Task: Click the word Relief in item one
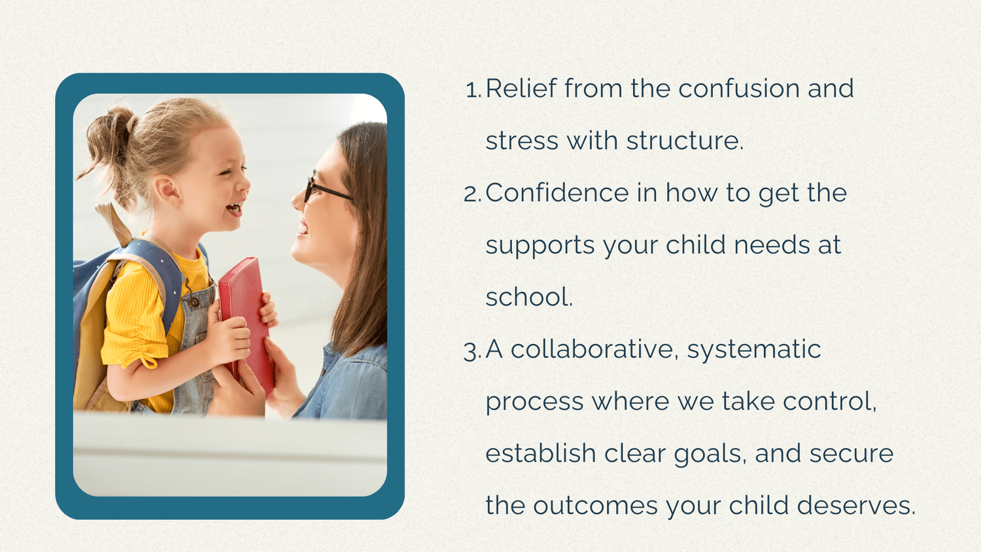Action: [x=521, y=88]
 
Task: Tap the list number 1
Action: [x=472, y=90]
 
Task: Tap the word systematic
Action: [x=753, y=350]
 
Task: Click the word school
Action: [x=528, y=297]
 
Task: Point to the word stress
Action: [x=522, y=141]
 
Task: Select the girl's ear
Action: [x=169, y=190]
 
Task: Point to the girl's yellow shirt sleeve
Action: [x=131, y=320]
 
